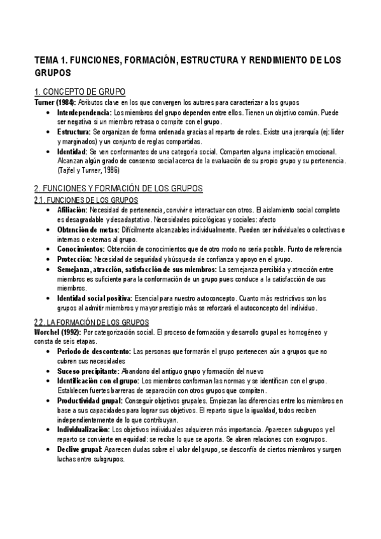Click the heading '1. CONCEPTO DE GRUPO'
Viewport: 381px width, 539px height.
[80, 92]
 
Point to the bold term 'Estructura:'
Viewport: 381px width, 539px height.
[74, 132]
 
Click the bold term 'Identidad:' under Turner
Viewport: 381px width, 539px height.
[72, 151]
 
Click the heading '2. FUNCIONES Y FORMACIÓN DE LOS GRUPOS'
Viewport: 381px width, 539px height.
[118, 188]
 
